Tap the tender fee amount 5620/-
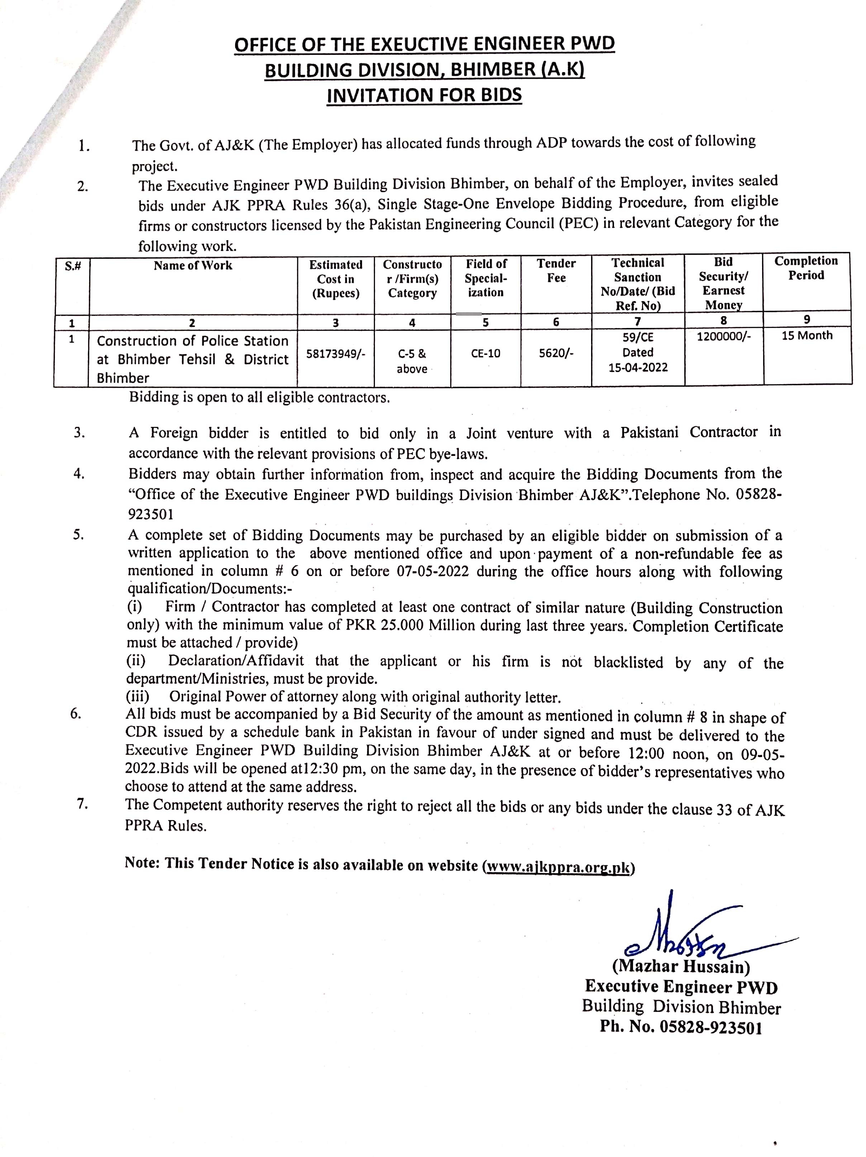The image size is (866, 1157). click(556, 353)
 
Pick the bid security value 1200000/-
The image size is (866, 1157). click(723, 336)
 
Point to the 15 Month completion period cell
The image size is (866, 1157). click(806, 335)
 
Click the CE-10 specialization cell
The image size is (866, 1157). click(485, 353)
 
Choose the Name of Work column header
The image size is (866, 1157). click(193, 266)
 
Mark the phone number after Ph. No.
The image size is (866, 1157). click(710, 1028)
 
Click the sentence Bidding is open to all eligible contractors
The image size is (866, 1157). click(260, 397)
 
